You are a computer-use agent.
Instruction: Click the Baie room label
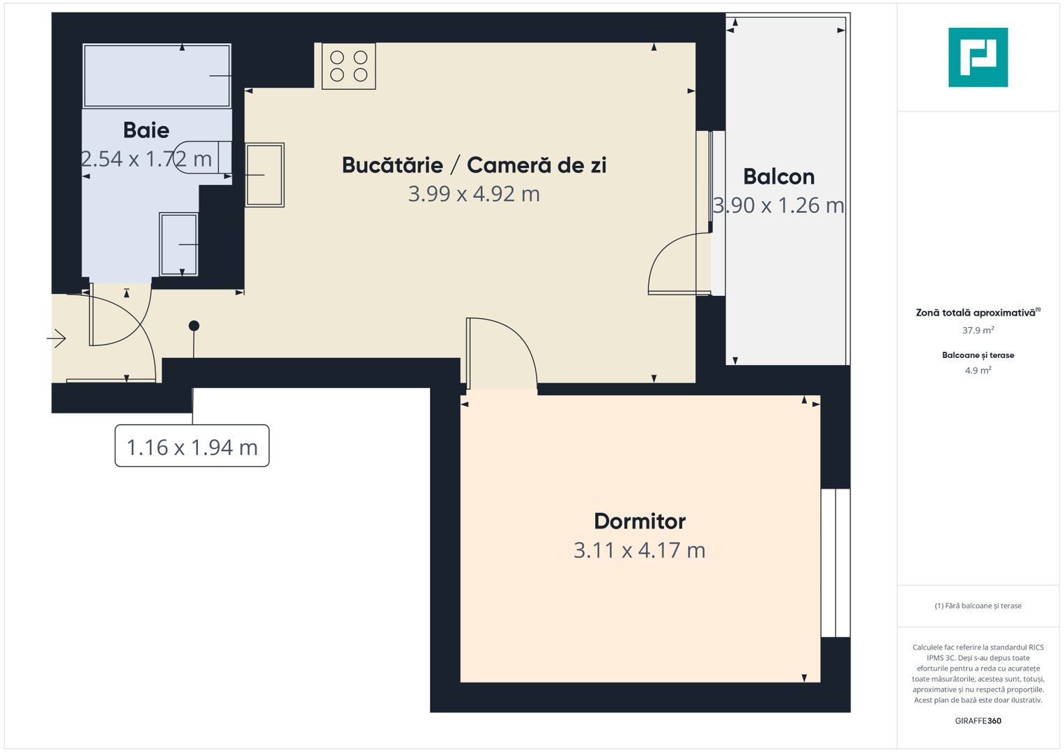point(146,130)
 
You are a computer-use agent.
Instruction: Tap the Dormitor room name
point(640,521)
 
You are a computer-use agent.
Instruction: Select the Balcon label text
point(778,177)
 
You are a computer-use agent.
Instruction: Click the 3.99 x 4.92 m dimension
point(474,194)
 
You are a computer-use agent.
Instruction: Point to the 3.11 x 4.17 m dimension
point(640,550)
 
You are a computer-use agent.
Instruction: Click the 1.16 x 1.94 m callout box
point(192,446)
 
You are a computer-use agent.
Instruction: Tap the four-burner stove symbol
point(348,66)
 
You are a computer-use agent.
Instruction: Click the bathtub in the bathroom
point(157,75)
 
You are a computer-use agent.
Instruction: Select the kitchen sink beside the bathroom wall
point(264,175)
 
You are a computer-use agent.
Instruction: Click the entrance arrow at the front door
point(56,339)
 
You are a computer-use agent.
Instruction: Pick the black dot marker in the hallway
point(194,326)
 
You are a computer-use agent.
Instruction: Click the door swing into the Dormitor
point(502,352)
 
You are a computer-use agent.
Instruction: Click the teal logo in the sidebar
point(978,57)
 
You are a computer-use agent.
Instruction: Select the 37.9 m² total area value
point(978,331)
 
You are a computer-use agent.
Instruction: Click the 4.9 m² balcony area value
point(978,370)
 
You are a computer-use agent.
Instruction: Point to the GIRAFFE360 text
point(978,721)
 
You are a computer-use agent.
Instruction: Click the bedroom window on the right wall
point(835,563)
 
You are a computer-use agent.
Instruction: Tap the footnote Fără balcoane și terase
point(978,606)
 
